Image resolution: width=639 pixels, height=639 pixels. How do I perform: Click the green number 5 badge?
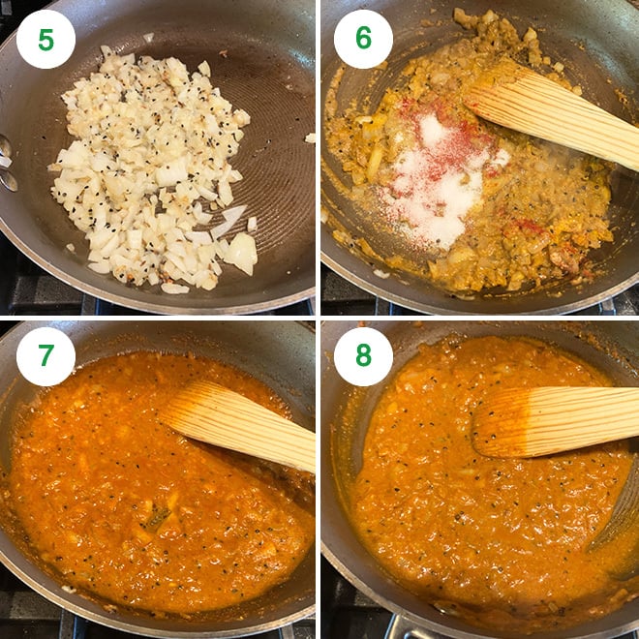pos(46,40)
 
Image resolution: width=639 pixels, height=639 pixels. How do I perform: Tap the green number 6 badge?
pos(363,40)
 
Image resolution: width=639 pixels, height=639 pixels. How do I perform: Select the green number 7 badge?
pos(46,356)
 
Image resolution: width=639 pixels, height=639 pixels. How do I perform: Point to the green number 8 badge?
pos(363,356)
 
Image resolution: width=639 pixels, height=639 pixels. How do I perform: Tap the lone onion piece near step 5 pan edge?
pos(310,137)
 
